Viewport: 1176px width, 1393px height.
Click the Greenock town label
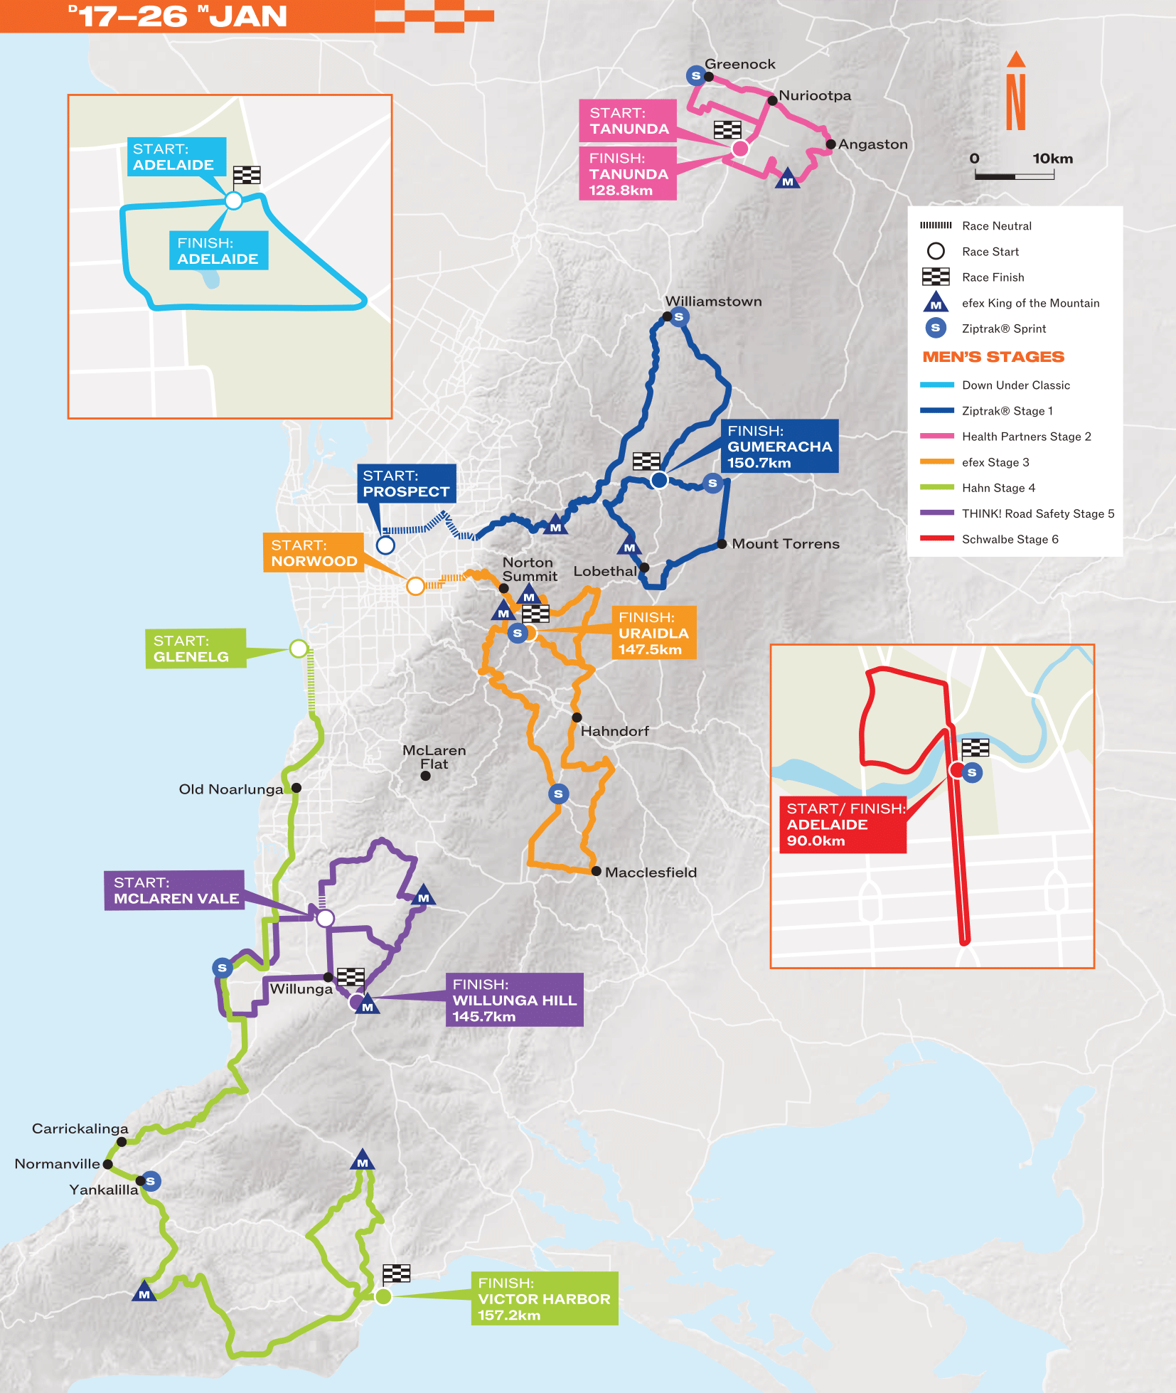[739, 64]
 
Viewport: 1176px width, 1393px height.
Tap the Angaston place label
[872, 144]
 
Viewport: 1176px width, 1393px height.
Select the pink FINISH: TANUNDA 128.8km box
[627, 174]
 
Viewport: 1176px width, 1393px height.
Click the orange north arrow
[1016, 92]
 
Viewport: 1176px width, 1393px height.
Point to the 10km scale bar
[1014, 175]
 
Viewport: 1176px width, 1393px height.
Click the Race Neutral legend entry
[995, 226]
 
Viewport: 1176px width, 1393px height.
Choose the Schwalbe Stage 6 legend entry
[1009, 539]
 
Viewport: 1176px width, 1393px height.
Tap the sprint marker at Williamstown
[678, 317]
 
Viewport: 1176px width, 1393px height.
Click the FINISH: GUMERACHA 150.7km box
[779, 447]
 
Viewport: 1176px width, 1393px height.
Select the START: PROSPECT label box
[406, 484]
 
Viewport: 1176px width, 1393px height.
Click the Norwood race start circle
[415, 586]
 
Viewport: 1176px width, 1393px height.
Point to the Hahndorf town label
[614, 731]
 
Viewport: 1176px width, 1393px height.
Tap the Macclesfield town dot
[597, 871]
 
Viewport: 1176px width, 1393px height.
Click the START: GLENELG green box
[196, 649]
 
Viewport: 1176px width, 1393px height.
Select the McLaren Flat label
[434, 757]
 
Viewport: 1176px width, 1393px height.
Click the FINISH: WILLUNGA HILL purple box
[514, 1000]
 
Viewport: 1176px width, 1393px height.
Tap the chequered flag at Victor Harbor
[396, 1273]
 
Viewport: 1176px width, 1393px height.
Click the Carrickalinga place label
[80, 1128]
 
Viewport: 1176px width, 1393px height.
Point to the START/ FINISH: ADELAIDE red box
[843, 825]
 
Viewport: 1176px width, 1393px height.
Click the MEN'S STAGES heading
[993, 357]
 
